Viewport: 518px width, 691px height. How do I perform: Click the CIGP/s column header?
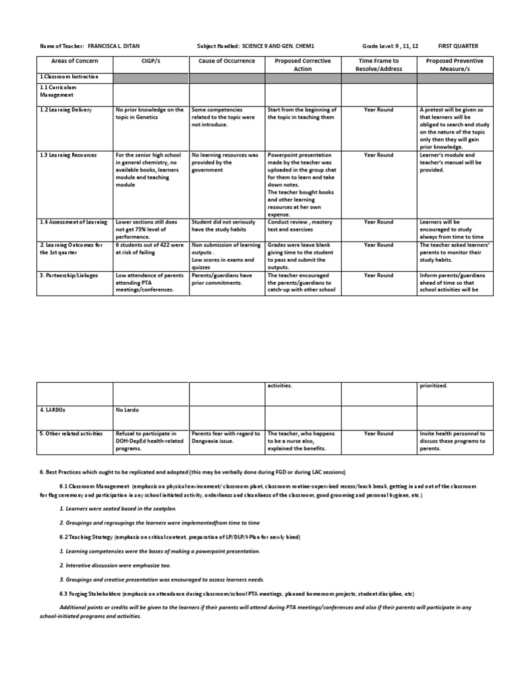point(150,61)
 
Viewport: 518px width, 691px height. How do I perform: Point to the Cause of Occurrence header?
point(227,61)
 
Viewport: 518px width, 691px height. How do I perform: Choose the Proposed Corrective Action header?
point(303,65)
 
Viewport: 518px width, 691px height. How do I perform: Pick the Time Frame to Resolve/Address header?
point(378,65)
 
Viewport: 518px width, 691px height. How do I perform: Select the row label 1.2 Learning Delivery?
point(65,109)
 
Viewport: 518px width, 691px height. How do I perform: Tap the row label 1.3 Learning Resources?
point(68,155)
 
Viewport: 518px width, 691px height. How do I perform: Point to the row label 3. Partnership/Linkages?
point(71,275)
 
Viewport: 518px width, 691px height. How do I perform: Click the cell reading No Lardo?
point(126,410)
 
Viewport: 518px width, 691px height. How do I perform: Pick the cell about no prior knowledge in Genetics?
point(149,113)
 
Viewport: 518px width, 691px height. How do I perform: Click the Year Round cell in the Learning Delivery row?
point(378,109)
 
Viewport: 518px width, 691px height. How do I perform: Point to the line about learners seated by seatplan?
point(113,508)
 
